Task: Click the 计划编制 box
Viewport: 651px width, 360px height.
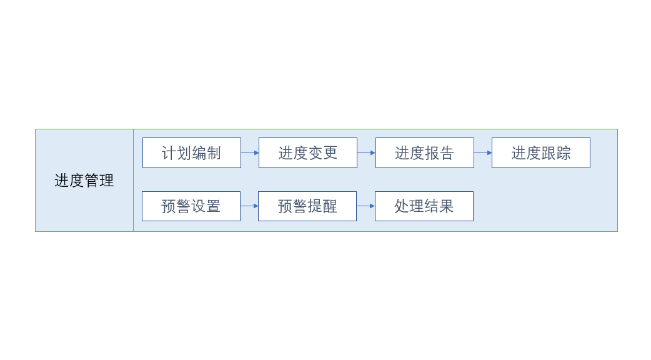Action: click(x=192, y=152)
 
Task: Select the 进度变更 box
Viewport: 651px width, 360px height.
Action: click(x=308, y=152)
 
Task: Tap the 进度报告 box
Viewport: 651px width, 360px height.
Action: click(x=425, y=152)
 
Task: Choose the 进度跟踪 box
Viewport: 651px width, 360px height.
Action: click(x=541, y=152)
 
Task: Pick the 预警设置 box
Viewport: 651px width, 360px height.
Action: click(x=191, y=206)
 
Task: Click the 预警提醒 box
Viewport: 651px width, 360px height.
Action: click(x=307, y=206)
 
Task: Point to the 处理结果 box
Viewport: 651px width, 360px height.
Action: click(x=424, y=206)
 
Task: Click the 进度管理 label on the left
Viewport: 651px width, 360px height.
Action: click(x=84, y=181)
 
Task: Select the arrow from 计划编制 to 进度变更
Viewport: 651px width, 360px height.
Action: click(x=250, y=152)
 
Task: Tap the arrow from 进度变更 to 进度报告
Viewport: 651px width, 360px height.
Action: click(x=367, y=152)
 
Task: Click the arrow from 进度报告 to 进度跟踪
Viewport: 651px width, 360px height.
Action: click(x=483, y=152)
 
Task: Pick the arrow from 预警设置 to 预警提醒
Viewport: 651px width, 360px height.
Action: click(x=249, y=206)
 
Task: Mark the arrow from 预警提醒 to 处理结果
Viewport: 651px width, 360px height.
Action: click(x=365, y=206)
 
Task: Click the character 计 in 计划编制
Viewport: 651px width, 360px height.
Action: click(x=169, y=153)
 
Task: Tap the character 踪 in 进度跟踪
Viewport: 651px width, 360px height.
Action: click(x=564, y=153)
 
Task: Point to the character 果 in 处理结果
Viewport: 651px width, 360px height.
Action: click(x=446, y=206)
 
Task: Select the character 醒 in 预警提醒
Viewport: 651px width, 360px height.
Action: click(x=330, y=206)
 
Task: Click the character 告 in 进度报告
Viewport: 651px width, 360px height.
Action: click(x=447, y=153)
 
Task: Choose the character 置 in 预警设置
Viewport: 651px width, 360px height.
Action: click(x=214, y=206)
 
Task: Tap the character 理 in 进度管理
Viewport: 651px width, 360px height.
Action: click(x=106, y=181)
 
